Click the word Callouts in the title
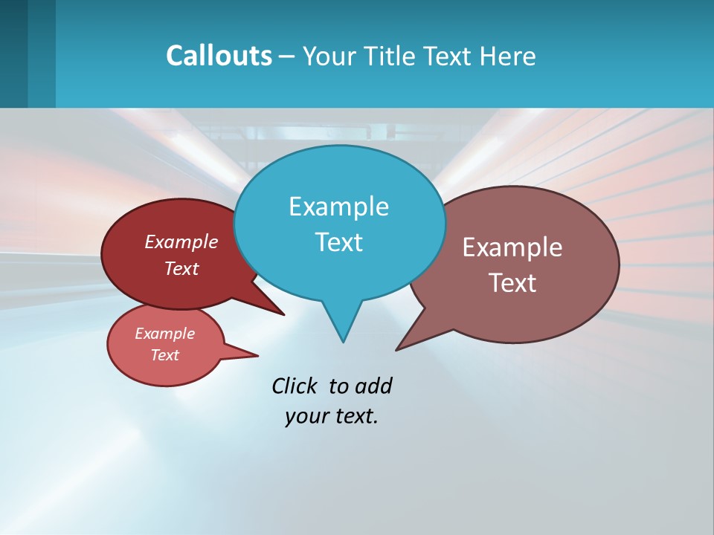pyautogui.click(x=219, y=56)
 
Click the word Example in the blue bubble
pyautogui.click(x=338, y=207)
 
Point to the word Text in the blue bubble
pyautogui.click(x=338, y=242)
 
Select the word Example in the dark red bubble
pyautogui.click(x=181, y=242)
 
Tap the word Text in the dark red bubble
pyautogui.click(x=181, y=269)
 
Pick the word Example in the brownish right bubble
pyautogui.click(x=512, y=247)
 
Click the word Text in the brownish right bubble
pyautogui.click(x=512, y=283)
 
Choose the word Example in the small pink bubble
pyautogui.click(x=165, y=334)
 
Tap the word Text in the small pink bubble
pyautogui.click(x=165, y=355)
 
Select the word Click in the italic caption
pyautogui.click(x=294, y=386)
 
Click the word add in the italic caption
pyautogui.click(x=373, y=386)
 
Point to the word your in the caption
pyautogui.click(x=306, y=417)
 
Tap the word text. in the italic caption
pyautogui.click(x=354, y=417)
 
